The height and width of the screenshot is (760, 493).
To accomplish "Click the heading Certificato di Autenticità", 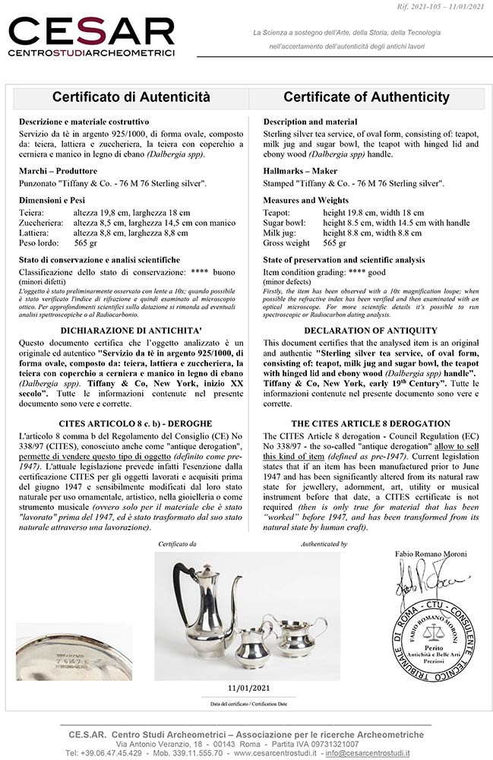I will pyautogui.click(x=131, y=97).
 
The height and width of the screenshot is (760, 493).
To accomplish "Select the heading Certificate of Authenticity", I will pyautogui.click(x=366, y=97).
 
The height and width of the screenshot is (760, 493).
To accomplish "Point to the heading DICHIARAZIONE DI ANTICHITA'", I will pyautogui.click(x=131, y=331).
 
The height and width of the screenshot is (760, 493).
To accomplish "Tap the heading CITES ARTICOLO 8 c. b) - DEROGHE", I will pyautogui.click(x=131, y=424).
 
